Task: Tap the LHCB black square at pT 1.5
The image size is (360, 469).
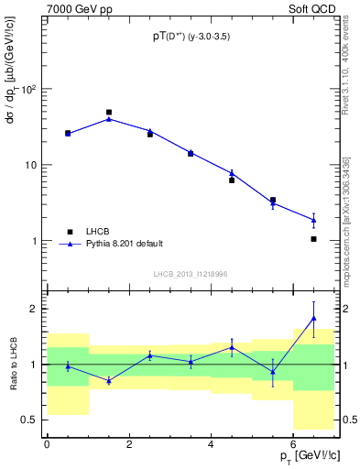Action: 109,113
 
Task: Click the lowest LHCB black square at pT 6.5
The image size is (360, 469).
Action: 313,239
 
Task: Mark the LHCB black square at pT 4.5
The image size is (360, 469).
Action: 232,180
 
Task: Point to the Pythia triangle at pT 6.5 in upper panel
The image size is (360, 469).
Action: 313,220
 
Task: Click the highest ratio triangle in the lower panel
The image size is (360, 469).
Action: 313,318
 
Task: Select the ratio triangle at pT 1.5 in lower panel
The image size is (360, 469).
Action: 109,380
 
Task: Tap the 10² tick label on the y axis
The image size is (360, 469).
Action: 27,89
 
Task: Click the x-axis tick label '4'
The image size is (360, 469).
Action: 212,445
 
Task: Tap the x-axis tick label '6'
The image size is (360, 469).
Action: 293,445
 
